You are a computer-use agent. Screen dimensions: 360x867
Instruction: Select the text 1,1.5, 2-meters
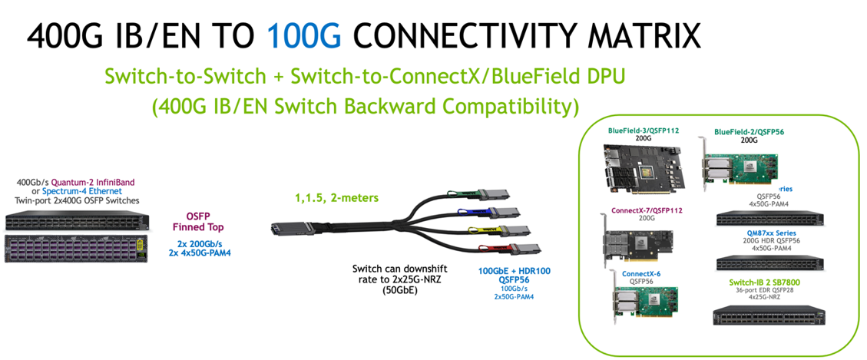336,198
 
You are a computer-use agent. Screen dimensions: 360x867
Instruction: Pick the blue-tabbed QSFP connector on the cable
508,213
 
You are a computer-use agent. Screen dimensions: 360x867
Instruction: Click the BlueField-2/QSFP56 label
750,132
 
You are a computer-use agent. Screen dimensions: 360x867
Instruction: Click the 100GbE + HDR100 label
514,270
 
